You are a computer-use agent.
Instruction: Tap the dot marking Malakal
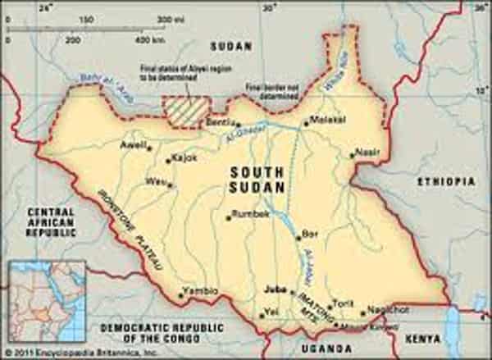point(305,125)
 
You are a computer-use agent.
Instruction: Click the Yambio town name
point(202,290)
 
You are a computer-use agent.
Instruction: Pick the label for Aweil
point(132,145)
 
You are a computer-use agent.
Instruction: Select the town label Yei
point(271,312)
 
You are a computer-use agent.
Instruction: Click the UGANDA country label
point(321,349)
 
